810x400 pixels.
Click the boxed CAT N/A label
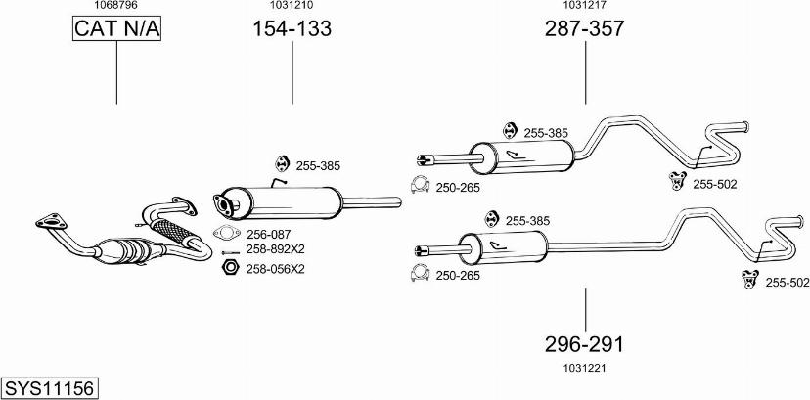click(x=116, y=29)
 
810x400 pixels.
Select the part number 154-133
click(x=292, y=29)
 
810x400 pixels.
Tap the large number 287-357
click(x=584, y=29)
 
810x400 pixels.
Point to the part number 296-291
click(x=584, y=344)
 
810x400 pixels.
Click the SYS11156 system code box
click(x=49, y=388)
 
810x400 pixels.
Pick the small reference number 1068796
click(x=115, y=5)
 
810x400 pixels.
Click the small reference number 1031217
click(x=585, y=5)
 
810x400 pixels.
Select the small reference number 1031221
click(x=585, y=368)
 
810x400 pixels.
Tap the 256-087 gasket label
click(x=270, y=234)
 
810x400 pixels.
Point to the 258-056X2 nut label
click(x=276, y=268)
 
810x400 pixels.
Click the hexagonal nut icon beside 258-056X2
click(x=229, y=267)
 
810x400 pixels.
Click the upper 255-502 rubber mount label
click(x=715, y=184)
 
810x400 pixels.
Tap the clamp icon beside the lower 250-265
click(x=422, y=273)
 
